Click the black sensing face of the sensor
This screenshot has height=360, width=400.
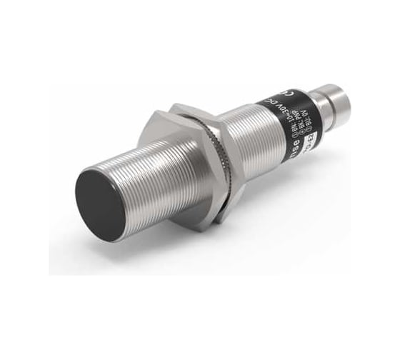tap(100, 194)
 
